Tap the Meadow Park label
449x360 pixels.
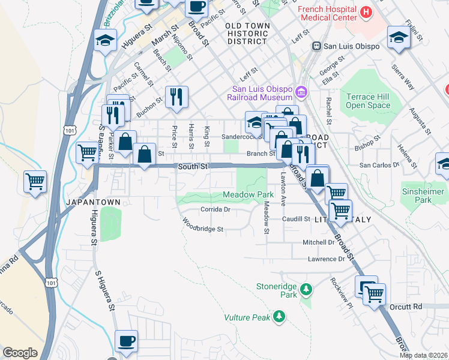248,194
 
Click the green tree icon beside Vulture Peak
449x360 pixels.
279,316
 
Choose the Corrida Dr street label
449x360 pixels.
215,210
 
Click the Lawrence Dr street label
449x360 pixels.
327,259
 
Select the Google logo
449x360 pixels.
20,352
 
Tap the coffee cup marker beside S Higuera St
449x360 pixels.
126,341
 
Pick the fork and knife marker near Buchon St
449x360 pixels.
176,97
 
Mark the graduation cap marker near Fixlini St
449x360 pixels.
399,37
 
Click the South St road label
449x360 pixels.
192,165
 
